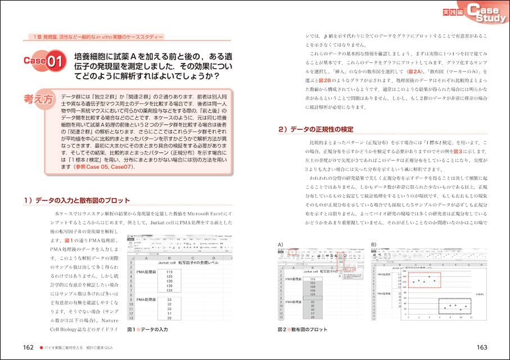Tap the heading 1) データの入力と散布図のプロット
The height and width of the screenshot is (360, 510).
[77, 200]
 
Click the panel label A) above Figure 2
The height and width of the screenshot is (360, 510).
[281, 244]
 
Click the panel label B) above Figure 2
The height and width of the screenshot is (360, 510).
[374, 244]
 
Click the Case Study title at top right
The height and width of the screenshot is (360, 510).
[484, 14]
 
